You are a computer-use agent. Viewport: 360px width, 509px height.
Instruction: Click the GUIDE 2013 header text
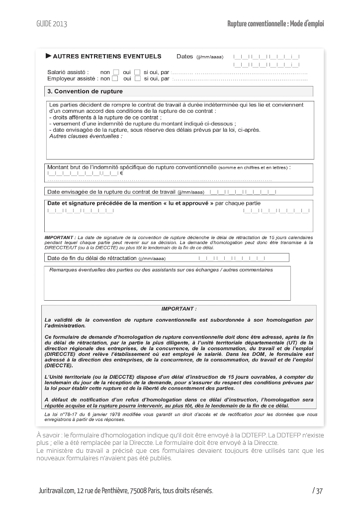point(51,23)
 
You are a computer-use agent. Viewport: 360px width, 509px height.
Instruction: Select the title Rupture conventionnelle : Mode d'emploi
point(275,23)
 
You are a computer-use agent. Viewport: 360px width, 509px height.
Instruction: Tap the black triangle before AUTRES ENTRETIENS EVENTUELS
point(48,56)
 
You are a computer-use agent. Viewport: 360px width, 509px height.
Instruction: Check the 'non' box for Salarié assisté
point(116,72)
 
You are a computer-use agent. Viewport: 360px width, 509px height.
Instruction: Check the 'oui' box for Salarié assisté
point(138,72)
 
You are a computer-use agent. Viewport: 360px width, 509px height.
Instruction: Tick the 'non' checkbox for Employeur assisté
point(115,78)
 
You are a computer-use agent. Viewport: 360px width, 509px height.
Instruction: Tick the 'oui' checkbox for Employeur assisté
point(138,78)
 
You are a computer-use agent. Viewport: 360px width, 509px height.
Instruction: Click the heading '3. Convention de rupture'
point(85,91)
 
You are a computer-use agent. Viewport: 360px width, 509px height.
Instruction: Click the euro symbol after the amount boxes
point(121,173)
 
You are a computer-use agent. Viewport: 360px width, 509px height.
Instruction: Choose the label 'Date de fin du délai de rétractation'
point(91,258)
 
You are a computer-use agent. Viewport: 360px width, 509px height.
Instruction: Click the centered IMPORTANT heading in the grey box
point(179,309)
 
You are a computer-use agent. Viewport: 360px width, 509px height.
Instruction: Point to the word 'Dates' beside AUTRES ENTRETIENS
point(184,56)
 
